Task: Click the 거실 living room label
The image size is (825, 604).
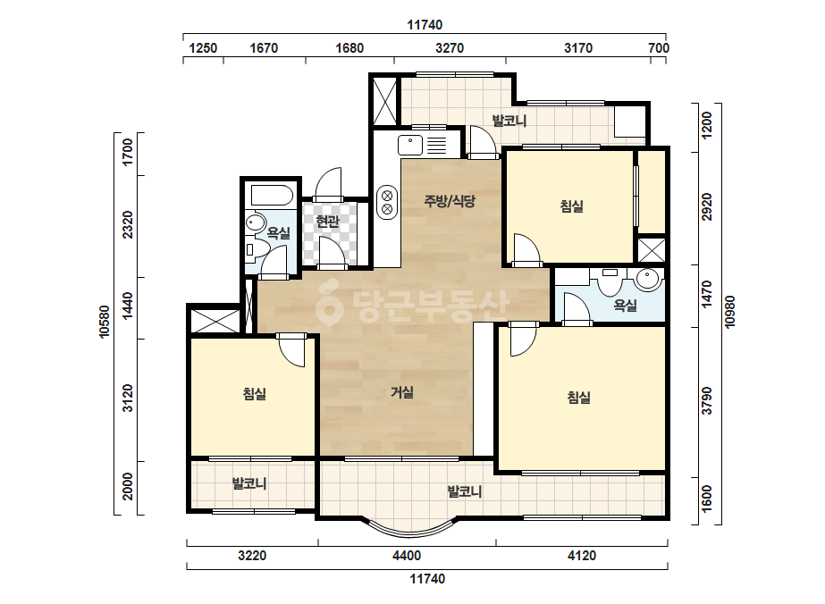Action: tap(402, 392)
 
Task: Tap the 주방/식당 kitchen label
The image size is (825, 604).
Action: tap(450, 200)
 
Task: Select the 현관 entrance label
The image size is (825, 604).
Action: tap(327, 222)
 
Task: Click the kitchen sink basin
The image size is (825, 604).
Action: tap(410, 146)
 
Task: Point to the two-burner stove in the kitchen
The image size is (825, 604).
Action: tap(387, 203)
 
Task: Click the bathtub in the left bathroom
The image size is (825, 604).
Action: tap(272, 195)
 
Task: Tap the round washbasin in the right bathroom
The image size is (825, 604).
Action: tap(647, 279)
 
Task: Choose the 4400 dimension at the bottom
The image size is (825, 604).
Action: tap(407, 556)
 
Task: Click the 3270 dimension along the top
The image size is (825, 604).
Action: tap(450, 48)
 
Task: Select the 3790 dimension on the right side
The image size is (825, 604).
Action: tap(707, 400)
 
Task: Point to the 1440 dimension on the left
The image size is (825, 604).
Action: tap(128, 306)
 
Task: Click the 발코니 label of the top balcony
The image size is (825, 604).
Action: tap(509, 121)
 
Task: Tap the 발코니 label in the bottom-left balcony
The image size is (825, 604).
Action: tap(249, 483)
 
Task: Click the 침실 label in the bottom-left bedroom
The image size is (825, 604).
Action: tap(255, 393)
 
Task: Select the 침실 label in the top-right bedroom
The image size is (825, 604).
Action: tap(572, 206)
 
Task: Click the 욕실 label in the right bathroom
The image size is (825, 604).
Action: tap(626, 306)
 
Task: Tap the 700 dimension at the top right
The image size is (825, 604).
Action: tap(659, 48)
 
